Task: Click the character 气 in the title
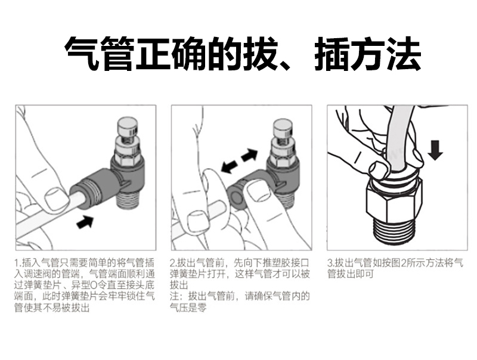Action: [82, 54]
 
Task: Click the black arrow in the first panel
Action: [85, 221]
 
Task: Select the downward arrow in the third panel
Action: [435, 150]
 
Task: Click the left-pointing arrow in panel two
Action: [230, 166]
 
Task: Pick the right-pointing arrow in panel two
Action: [249, 155]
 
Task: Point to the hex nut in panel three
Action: [394, 201]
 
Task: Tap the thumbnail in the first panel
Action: [56, 198]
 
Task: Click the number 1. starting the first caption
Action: [18, 263]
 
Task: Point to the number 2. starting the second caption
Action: [174, 263]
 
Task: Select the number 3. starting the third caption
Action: [331, 263]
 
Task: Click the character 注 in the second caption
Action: [175, 296]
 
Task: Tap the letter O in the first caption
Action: [94, 285]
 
